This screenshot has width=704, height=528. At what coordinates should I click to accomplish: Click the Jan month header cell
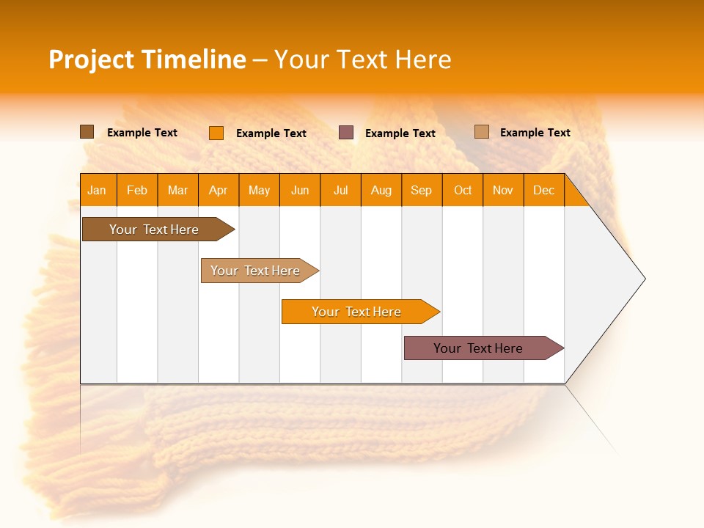click(x=98, y=190)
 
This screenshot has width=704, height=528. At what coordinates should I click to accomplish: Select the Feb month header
click(x=137, y=190)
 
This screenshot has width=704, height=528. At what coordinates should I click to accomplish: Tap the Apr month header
click(x=219, y=190)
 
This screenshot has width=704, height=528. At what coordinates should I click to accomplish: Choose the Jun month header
click(x=300, y=190)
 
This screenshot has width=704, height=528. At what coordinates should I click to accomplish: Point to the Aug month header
click(x=381, y=190)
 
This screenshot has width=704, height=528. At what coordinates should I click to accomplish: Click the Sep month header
click(x=422, y=190)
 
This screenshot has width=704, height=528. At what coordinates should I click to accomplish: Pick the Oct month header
click(x=463, y=190)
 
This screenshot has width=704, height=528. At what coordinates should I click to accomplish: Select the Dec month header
click(x=544, y=190)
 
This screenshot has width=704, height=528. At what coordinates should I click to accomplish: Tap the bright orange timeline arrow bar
click(x=357, y=312)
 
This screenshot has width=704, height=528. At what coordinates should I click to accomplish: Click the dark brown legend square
click(x=87, y=132)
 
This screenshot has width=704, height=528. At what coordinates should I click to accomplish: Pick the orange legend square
click(x=216, y=133)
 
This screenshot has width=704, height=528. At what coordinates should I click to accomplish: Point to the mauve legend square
click(x=346, y=133)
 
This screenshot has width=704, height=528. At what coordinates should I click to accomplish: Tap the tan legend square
click(x=482, y=132)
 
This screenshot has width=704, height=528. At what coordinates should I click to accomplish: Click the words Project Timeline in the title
click(x=147, y=59)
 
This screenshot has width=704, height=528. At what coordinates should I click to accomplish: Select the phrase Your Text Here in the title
click(x=363, y=59)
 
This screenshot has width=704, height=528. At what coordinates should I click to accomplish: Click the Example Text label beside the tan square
click(x=535, y=133)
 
